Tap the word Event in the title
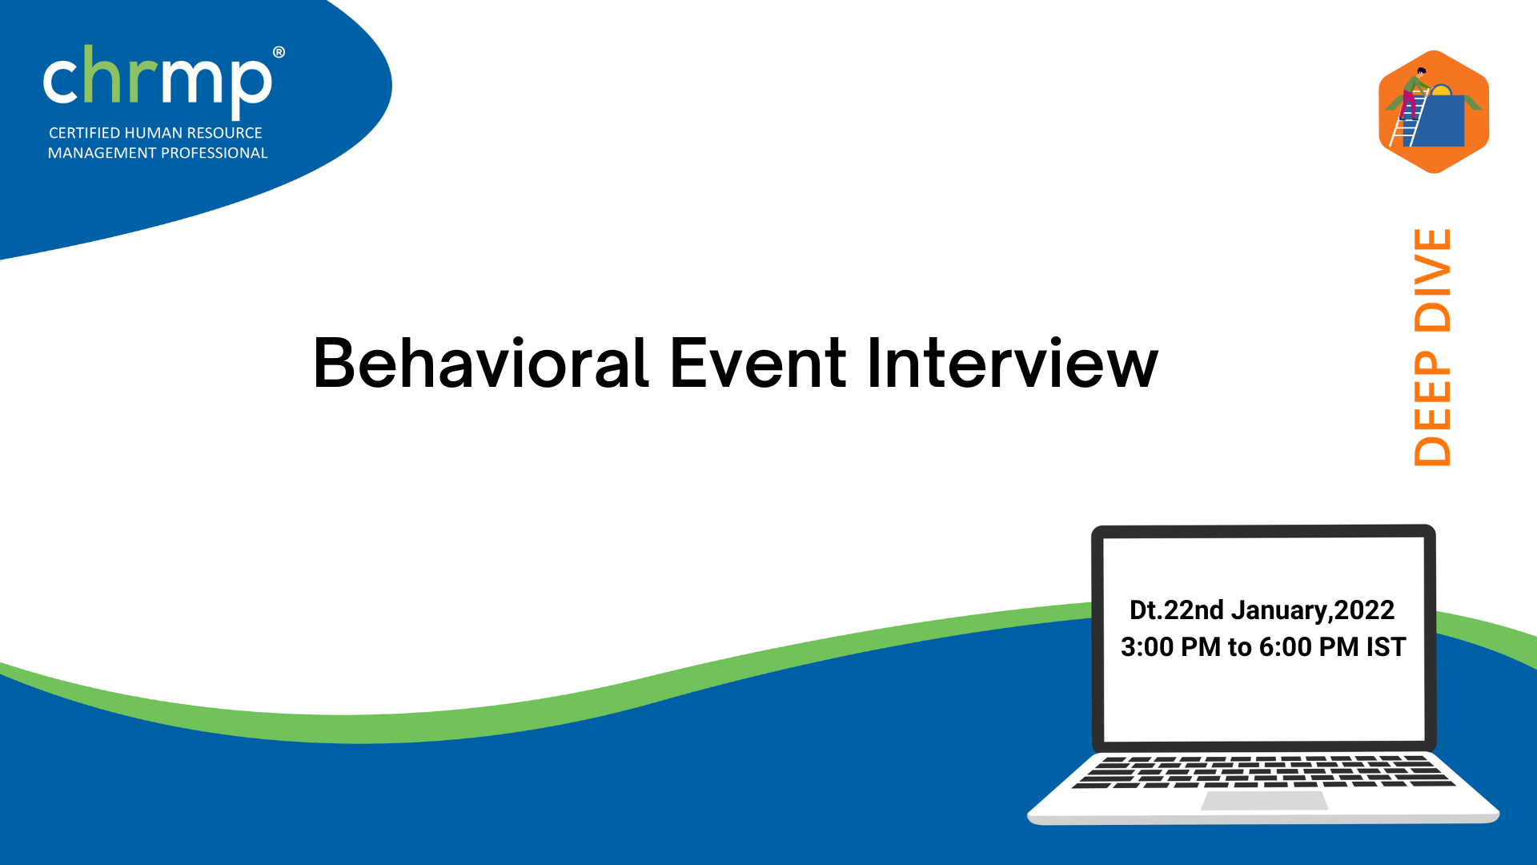(x=757, y=364)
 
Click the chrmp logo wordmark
(x=158, y=80)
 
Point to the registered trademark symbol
(x=279, y=52)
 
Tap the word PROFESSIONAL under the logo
(x=214, y=153)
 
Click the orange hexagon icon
(x=1434, y=112)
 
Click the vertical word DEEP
(x=1432, y=408)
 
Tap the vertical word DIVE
(x=1432, y=280)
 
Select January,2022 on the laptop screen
(x=1313, y=611)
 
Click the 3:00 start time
(x=1147, y=647)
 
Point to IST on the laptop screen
(x=1386, y=647)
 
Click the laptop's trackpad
(x=1265, y=800)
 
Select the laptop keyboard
(x=1263, y=772)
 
